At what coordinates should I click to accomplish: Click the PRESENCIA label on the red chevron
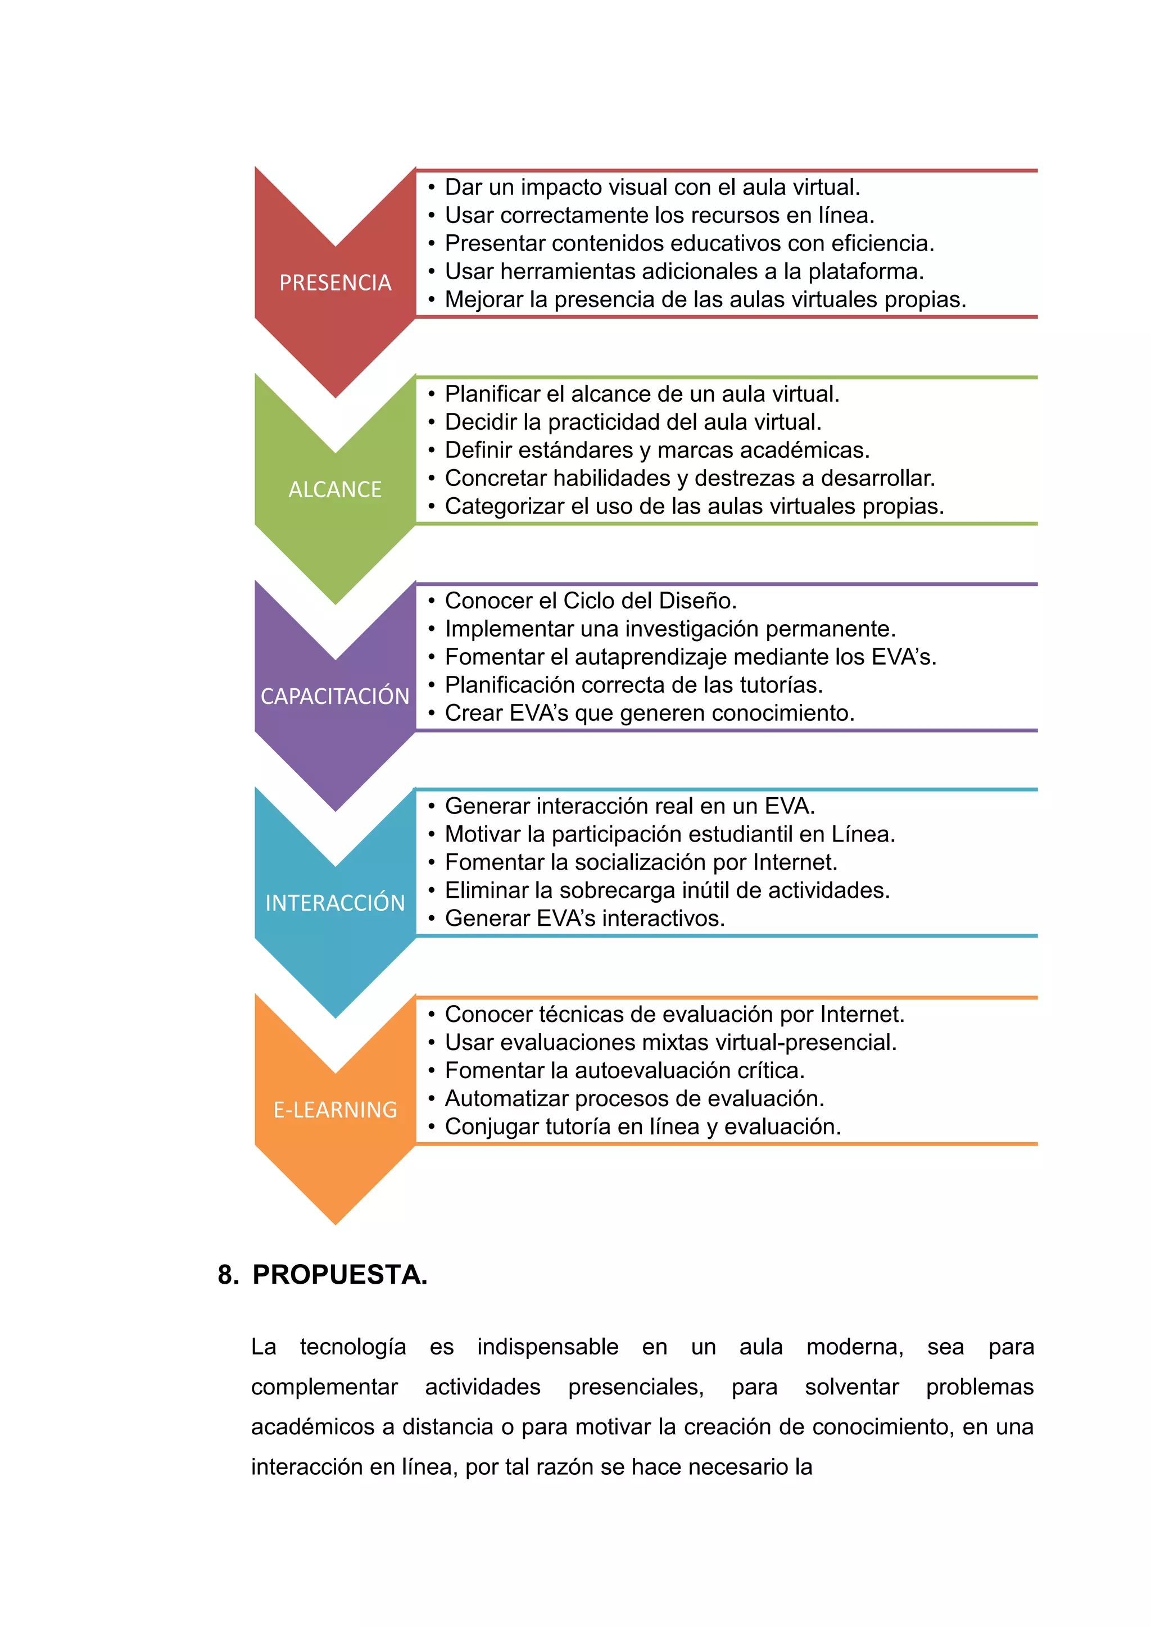[335, 283]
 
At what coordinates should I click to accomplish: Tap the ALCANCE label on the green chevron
[335, 490]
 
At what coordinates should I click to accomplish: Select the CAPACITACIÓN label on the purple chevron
[335, 697]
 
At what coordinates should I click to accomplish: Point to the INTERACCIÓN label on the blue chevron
[335, 903]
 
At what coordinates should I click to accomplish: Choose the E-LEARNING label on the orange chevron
[335, 1110]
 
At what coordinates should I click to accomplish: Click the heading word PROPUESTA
[340, 1275]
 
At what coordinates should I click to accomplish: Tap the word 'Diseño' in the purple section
[697, 601]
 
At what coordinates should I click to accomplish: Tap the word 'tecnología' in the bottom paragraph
[353, 1347]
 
